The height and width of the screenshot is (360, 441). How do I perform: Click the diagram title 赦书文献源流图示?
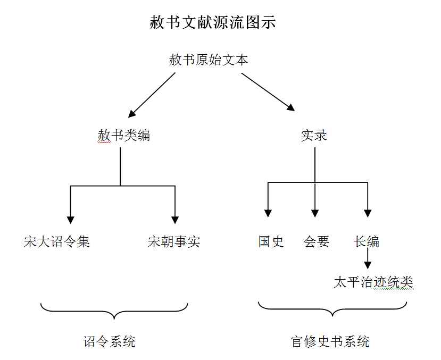(213, 22)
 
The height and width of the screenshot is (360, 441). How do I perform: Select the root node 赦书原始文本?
(209, 60)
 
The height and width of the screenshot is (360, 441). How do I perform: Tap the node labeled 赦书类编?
(124, 135)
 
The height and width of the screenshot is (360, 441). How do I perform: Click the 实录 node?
(314, 135)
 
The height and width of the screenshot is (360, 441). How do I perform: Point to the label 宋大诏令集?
(56, 242)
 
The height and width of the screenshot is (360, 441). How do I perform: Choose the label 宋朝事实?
(174, 242)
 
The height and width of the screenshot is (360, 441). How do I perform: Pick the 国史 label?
(271, 242)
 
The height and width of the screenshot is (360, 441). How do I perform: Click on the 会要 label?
(317, 242)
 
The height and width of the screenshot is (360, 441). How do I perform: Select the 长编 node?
(366, 242)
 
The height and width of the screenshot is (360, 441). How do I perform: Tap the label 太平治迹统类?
(373, 282)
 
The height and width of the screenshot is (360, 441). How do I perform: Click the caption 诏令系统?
(109, 341)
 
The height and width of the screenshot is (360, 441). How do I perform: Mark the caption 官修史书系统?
(330, 341)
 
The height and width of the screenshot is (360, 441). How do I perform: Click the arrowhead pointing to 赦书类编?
(132, 114)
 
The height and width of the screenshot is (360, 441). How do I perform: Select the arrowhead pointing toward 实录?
(291, 107)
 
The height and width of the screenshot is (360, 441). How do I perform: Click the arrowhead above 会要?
(315, 213)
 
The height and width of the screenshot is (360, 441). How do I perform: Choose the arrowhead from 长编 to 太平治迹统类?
(368, 265)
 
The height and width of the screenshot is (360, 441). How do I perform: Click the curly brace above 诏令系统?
(114, 312)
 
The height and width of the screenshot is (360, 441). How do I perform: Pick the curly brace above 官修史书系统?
(332, 309)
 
